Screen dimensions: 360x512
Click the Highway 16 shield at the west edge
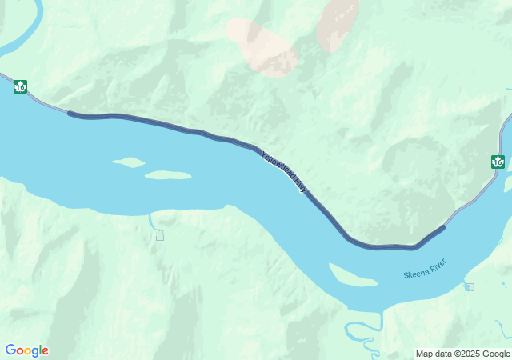click(x=21, y=86)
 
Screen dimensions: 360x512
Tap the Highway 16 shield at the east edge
click(x=498, y=162)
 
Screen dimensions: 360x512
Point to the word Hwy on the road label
click(x=301, y=186)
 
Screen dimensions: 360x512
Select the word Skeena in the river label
click(x=416, y=274)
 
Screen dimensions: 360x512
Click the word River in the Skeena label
click(x=438, y=264)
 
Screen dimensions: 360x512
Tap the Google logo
click(x=26, y=350)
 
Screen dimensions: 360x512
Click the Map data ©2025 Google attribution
click(x=462, y=354)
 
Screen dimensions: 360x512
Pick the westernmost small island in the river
click(x=128, y=162)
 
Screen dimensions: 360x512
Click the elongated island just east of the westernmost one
click(x=168, y=174)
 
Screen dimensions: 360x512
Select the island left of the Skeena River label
click(x=352, y=276)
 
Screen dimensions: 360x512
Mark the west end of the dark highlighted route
click(x=70, y=114)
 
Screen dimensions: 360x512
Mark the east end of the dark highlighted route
click(x=442, y=227)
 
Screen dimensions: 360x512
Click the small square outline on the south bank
click(x=160, y=235)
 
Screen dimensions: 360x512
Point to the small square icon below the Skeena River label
click(x=470, y=287)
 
